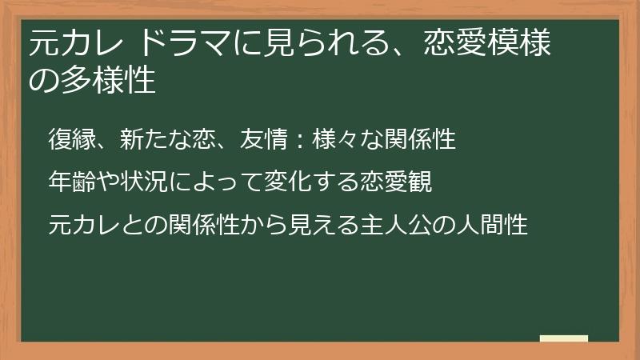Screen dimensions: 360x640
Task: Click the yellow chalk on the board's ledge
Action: (563, 338)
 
